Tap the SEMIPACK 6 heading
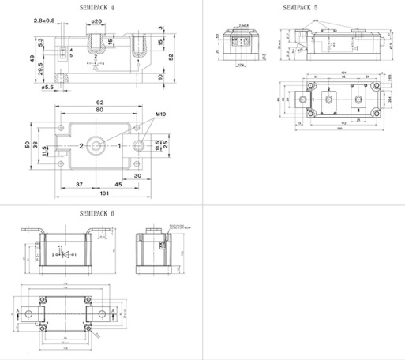click(96, 214)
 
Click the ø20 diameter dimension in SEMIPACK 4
click(96, 21)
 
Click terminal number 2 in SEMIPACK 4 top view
click(81, 147)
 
